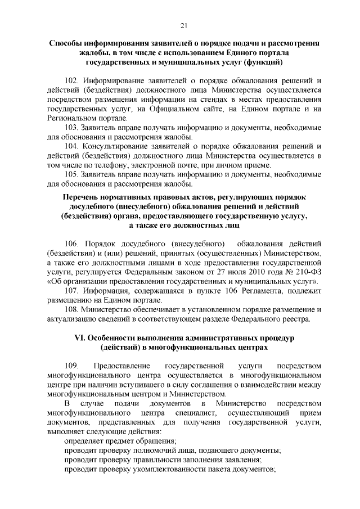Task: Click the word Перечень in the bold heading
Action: coord(81,198)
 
